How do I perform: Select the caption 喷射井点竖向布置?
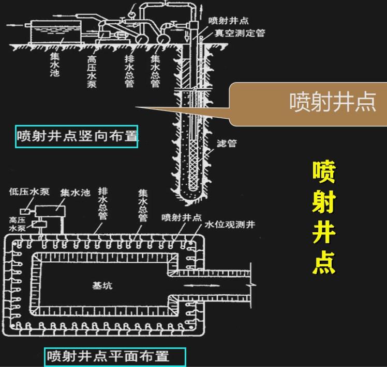[x=77, y=136]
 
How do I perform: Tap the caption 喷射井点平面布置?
[x=114, y=356]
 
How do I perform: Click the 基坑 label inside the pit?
[x=102, y=285]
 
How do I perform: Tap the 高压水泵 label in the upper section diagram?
[x=92, y=70]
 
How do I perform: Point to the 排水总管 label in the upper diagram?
[x=129, y=70]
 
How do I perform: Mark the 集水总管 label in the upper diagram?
[x=155, y=70]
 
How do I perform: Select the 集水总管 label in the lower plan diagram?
[x=142, y=205]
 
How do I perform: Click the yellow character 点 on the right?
[x=324, y=262]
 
